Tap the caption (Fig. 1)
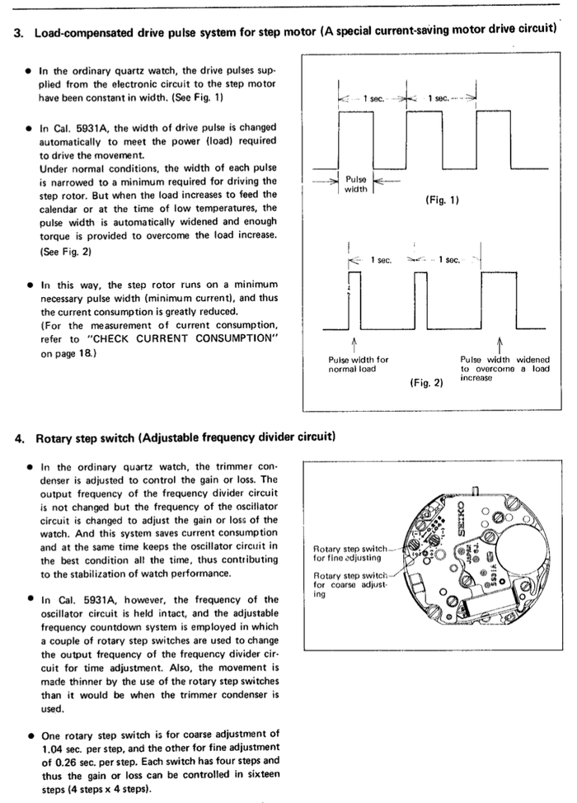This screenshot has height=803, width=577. (x=443, y=200)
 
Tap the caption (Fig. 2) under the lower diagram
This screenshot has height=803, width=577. (x=426, y=384)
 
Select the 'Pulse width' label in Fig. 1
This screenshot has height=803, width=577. (x=357, y=183)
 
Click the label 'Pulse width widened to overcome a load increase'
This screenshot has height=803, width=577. (x=504, y=368)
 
